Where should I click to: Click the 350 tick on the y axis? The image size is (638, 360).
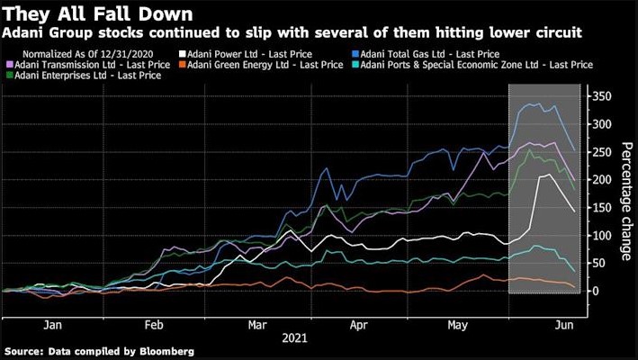pos(602,95)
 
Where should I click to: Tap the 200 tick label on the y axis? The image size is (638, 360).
pos(602,179)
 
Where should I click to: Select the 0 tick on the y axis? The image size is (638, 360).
pos(596,291)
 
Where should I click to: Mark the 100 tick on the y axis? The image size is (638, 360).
pos(602,235)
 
